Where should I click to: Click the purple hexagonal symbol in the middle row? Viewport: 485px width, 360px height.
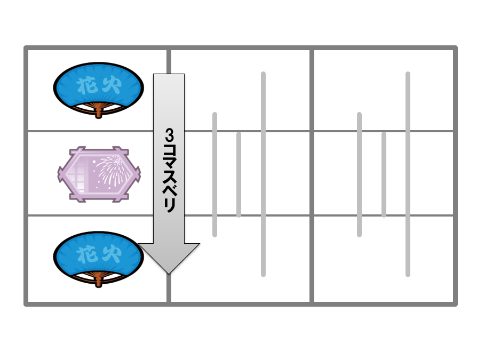(x=99, y=174)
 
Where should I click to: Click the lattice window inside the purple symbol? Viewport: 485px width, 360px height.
(x=77, y=175)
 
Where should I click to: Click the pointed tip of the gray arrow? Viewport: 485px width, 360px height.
(x=169, y=274)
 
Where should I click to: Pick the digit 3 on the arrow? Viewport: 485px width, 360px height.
(x=169, y=135)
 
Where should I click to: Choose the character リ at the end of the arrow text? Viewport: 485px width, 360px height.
(x=169, y=205)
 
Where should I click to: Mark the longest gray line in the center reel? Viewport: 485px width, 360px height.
(x=263, y=174)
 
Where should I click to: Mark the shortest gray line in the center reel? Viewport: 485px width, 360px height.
(x=238, y=174)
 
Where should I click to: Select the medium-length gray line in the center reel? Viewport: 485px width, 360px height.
(x=214, y=175)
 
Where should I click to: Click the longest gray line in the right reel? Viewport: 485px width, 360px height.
(x=408, y=174)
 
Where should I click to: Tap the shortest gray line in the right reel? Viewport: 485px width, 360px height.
(x=384, y=174)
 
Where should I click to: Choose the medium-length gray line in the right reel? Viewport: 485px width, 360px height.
(x=359, y=175)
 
